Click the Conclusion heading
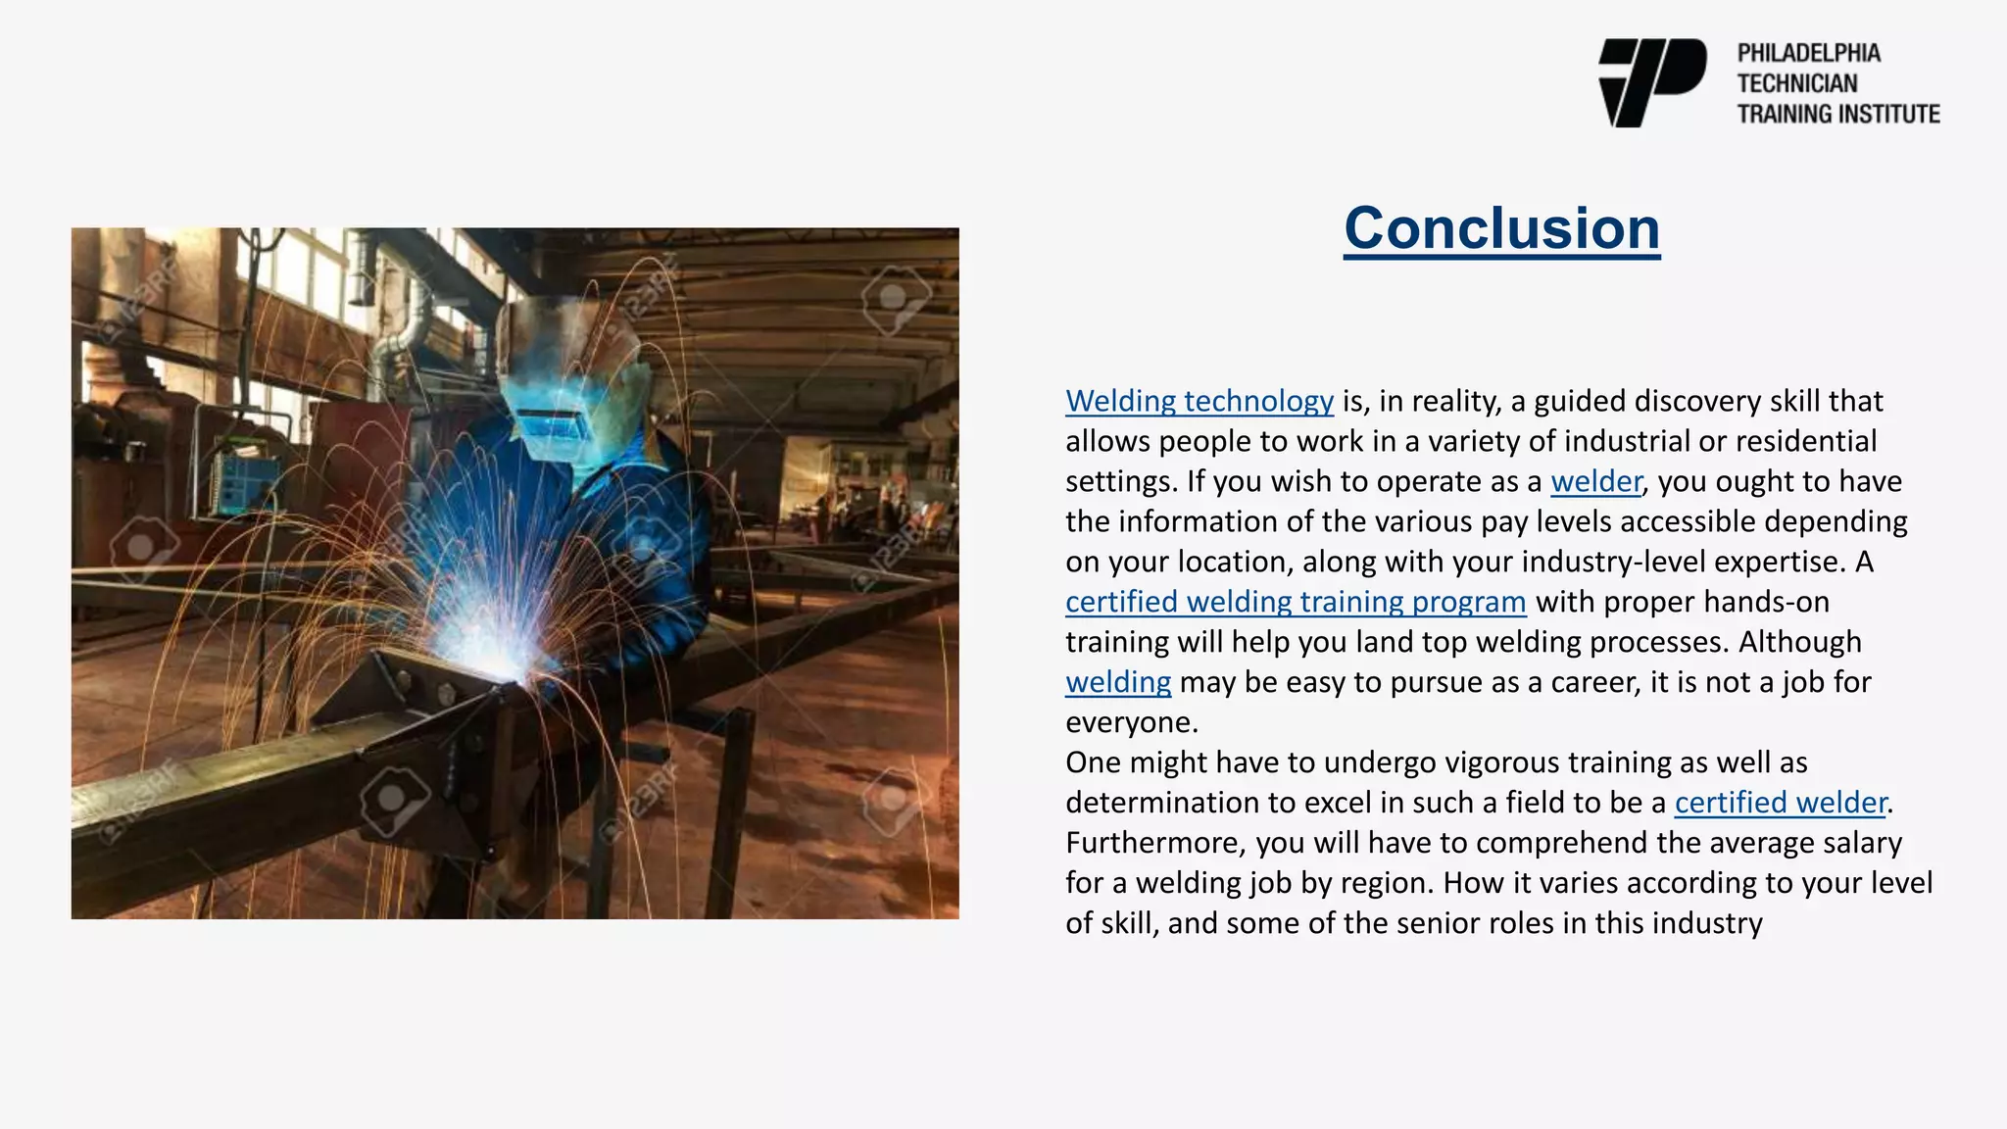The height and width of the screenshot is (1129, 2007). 1501,228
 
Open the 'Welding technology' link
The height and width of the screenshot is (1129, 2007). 1199,401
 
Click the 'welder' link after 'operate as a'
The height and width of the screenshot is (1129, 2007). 1595,481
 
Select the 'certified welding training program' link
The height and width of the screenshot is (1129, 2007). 1296,602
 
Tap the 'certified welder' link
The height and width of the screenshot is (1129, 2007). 1780,803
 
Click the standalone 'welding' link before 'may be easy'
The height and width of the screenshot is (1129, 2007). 1118,682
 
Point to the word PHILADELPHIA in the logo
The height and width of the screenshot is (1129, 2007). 1808,53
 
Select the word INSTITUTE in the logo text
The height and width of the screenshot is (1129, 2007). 1888,114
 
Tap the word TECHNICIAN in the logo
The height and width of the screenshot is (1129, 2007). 1796,83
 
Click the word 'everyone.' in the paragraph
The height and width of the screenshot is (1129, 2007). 1132,722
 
